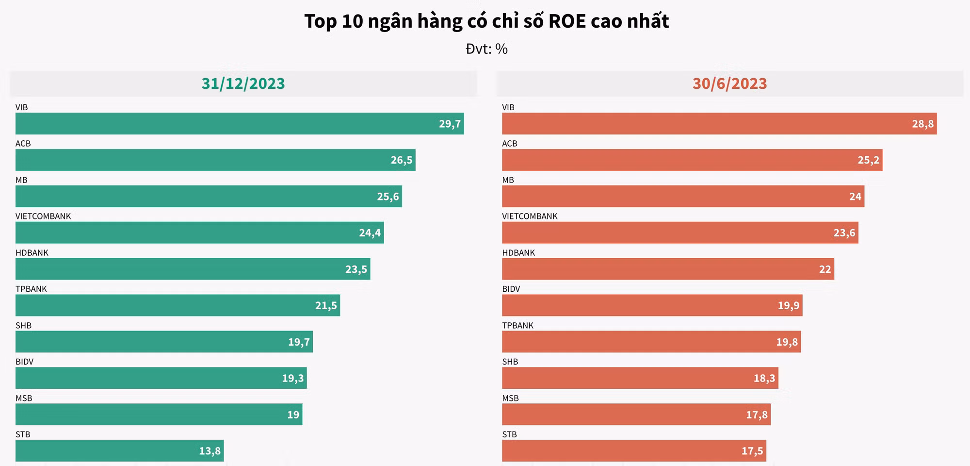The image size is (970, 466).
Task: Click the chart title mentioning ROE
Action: click(x=486, y=21)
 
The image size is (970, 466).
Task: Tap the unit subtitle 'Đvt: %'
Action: click(x=486, y=49)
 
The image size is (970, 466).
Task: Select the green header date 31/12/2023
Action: click(x=243, y=83)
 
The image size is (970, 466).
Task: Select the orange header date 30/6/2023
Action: click(x=729, y=83)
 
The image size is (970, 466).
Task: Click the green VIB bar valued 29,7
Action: click(x=240, y=124)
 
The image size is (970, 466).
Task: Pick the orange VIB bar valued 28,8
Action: click(x=719, y=124)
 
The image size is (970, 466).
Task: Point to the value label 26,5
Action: click(x=401, y=160)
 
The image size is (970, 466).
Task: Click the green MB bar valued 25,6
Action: click(x=209, y=197)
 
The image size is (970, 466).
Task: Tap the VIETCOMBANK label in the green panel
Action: click(x=43, y=216)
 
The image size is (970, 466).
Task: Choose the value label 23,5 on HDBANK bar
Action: click(x=356, y=269)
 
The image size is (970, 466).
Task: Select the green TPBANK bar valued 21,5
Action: click(x=178, y=306)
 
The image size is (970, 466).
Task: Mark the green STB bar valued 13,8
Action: click(x=119, y=451)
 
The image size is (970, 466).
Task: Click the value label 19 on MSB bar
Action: click(x=293, y=415)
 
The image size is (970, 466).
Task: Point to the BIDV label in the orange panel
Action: click(x=511, y=289)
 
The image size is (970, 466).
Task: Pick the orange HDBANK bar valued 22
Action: click(x=668, y=269)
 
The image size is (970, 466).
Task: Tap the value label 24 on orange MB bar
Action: click(x=855, y=197)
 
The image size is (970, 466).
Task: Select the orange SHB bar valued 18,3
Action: click(x=640, y=378)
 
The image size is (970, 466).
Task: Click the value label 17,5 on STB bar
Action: click(x=752, y=451)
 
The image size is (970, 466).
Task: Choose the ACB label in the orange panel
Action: click(x=509, y=144)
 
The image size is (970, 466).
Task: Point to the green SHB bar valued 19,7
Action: click(x=164, y=342)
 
